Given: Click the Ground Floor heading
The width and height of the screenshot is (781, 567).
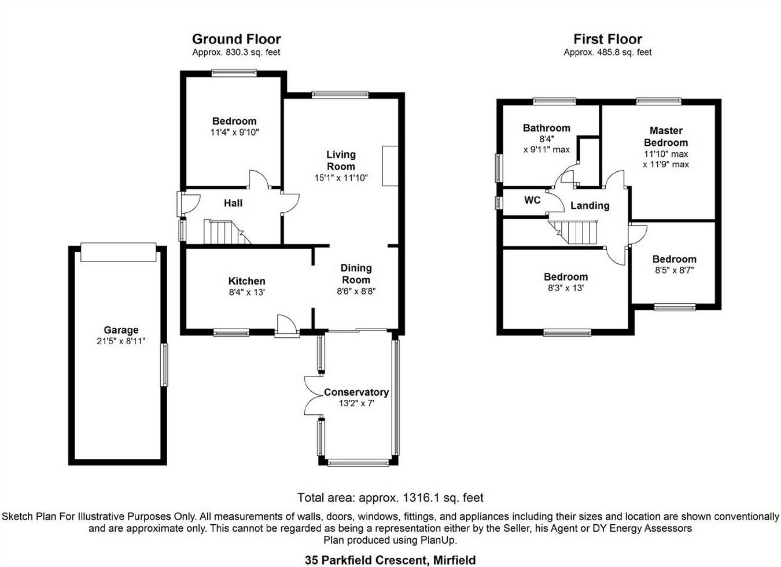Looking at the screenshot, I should pos(236,39).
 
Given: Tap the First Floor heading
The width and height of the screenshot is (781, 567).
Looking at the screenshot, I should pos(607,39).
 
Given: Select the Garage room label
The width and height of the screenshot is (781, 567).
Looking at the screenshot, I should pos(121,330).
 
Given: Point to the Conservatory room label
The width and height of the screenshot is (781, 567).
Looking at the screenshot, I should pos(356,392).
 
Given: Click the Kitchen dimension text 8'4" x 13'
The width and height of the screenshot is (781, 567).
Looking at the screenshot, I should pos(246,293).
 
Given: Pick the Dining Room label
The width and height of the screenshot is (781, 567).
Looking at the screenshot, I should pos(356,274).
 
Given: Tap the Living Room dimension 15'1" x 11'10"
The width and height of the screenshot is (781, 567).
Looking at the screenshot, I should pos(341,178).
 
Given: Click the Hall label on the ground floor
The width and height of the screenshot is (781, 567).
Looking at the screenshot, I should pos(233,203).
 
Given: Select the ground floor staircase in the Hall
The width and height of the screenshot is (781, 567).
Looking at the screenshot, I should pos(223,232).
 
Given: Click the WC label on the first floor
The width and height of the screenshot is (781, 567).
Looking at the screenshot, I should pos(532,200).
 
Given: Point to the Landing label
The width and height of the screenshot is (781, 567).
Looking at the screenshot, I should pos(590,205).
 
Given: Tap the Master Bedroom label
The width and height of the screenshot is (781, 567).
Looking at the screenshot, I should pos(666,137).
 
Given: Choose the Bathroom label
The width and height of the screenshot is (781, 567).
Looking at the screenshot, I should pos(546,128).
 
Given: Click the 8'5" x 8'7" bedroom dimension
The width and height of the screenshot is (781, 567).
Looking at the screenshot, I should pos(674,270).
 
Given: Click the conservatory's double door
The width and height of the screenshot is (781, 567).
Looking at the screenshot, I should pos(312,396).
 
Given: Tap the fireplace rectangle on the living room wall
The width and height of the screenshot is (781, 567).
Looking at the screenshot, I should pos(390,165).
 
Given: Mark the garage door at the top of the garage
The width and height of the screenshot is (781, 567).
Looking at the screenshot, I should pos(118,253).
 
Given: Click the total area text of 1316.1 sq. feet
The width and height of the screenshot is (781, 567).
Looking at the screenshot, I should pos(390,498).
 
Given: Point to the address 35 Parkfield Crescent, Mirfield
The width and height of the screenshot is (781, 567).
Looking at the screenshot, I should pos(390,559).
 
